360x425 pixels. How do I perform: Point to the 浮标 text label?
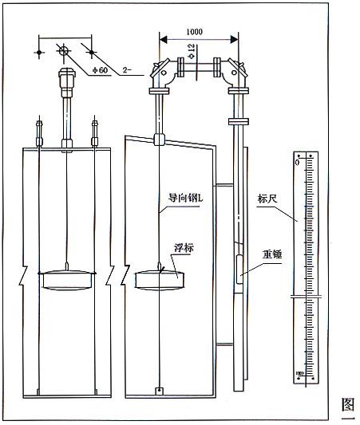click(184, 248)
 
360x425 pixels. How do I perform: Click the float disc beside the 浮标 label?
click(160, 280)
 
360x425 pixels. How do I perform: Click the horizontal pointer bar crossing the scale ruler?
click(307, 300)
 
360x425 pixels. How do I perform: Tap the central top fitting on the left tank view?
click(65, 81)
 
